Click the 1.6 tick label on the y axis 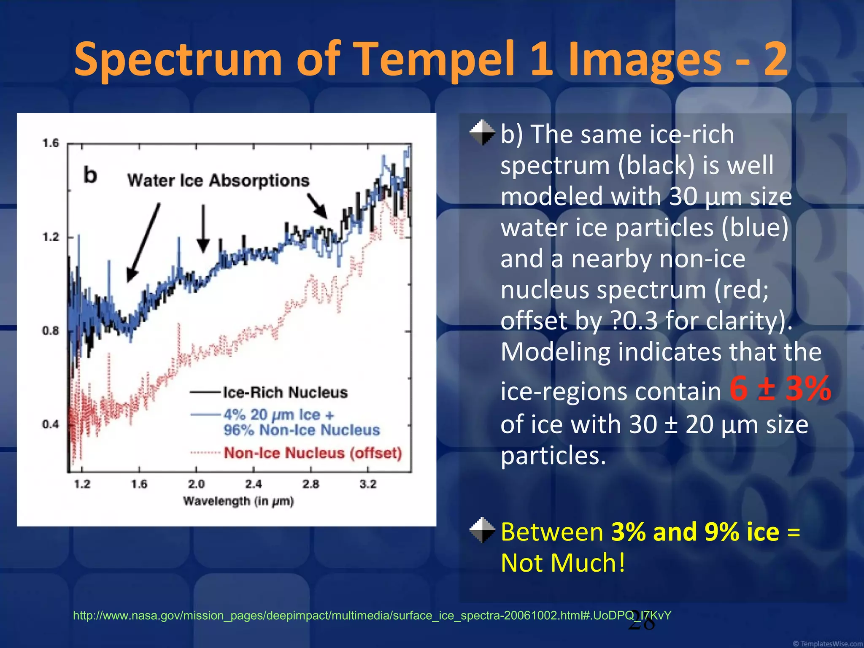point(51,143)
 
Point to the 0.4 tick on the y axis point(51,424)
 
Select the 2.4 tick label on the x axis point(253,484)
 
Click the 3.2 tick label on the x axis point(368,484)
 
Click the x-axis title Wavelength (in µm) point(238,501)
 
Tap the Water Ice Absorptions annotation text point(218,181)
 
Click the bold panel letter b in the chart point(90,175)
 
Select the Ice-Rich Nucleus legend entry point(285,393)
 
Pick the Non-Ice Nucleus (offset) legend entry point(313,453)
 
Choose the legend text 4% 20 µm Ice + point(279,415)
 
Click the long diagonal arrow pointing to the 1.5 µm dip point(143,243)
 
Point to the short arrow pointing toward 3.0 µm point(317,206)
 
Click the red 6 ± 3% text point(780,389)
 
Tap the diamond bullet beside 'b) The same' point(482,133)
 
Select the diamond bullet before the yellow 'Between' point(482,530)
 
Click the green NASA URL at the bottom point(372,616)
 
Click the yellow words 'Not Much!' point(563,563)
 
